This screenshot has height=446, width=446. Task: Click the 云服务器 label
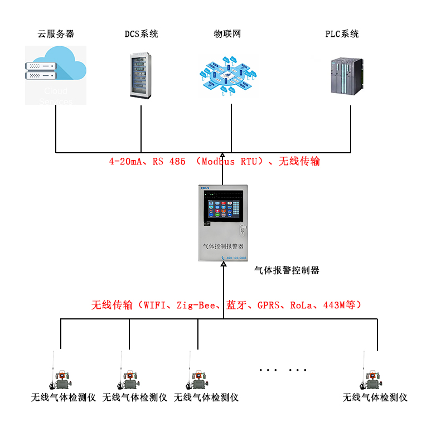pos(56,34)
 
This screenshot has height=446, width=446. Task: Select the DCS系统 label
pos(141,34)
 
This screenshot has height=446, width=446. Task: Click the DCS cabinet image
pos(140,75)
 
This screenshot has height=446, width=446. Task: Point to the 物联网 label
pos(227,34)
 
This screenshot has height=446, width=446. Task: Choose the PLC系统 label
pos(342,34)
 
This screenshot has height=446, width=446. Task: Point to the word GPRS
pos(270,305)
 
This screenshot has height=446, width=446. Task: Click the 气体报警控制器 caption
pos(287,270)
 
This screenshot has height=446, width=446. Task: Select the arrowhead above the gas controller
pos(222,157)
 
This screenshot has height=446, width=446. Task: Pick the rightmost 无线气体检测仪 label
pos(375,397)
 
